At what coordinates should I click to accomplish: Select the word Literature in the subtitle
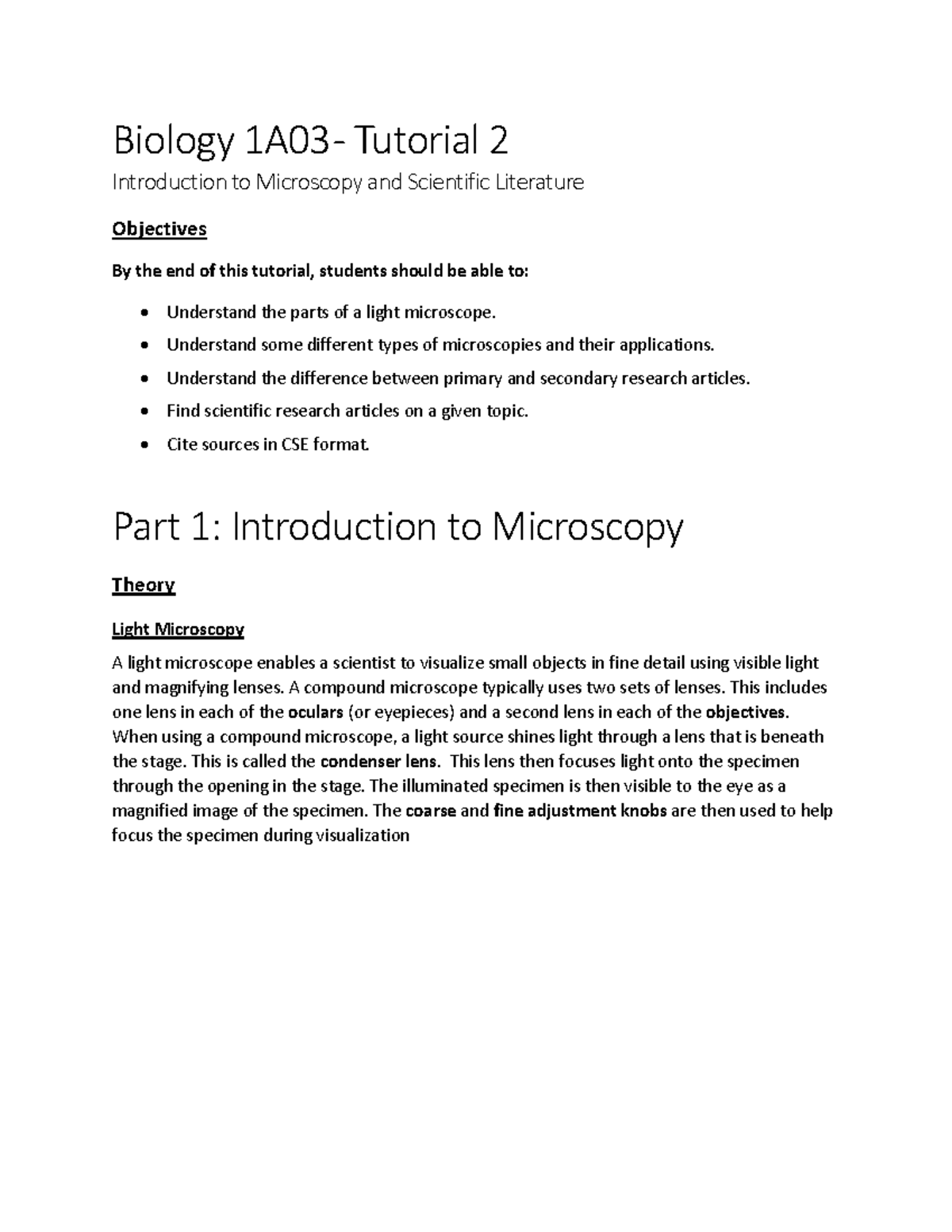(539, 182)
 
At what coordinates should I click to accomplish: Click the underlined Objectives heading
(159, 229)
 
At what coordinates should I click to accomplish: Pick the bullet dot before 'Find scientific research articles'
(144, 412)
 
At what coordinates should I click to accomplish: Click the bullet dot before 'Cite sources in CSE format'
(144, 445)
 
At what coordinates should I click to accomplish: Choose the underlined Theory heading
(144, 585)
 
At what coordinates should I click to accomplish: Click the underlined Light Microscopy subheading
(178, 630)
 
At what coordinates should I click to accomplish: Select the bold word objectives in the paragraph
(747, 712)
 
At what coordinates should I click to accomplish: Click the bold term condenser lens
(379, 762)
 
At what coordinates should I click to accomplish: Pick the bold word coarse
(431, 811)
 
